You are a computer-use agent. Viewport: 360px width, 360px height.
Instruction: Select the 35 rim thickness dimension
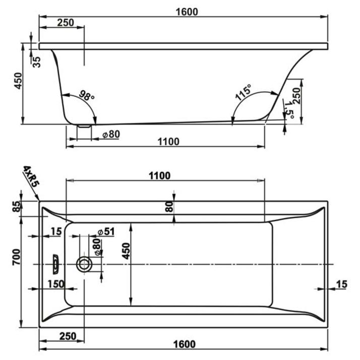pyautogui.click(x=37, y=62)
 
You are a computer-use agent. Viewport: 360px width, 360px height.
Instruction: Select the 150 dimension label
pyautogui.click(x=55, y=284)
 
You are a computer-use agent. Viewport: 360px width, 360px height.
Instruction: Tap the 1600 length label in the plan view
pyautogui.click(x=184, y=344)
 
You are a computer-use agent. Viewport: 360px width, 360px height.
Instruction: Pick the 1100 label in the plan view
pyautogui.click(x=159, y=176)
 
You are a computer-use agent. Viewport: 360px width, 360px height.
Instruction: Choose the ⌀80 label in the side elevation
pyautogui.click(x=110, y=134)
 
